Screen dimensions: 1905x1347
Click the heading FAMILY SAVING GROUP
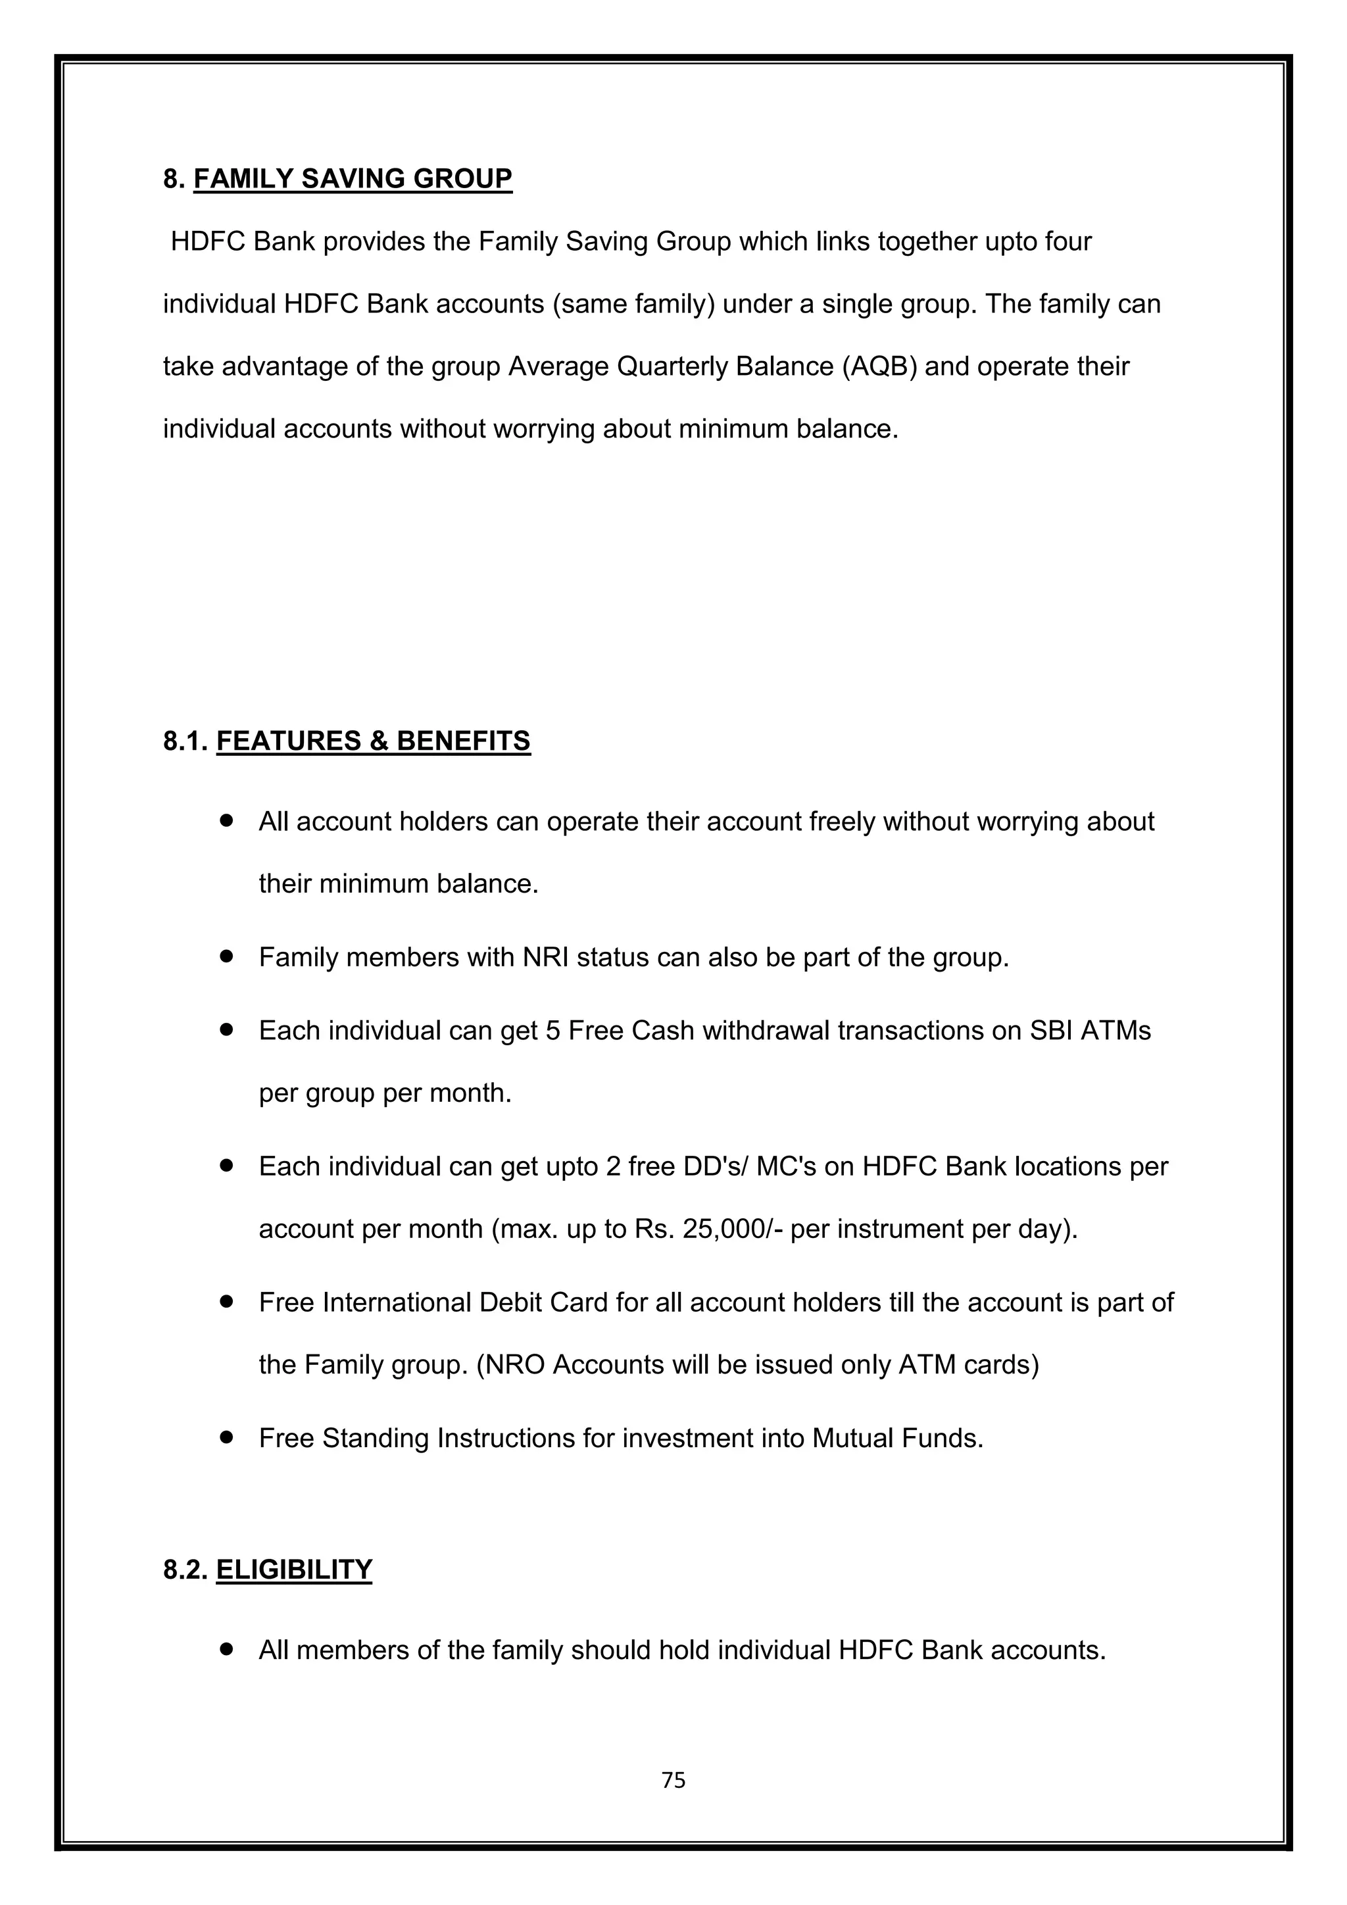(x=353, y=178)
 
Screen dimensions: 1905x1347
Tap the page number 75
(x=673, y=1780)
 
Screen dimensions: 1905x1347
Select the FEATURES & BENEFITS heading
(x=373, y=740)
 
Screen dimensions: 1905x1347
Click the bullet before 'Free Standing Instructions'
(x=226, y=1437)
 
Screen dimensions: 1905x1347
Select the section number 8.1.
(x=185, y=740)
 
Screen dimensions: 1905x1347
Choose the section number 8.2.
(x=185, y=1569)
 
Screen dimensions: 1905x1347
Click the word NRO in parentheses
(x=514, y=1364)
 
